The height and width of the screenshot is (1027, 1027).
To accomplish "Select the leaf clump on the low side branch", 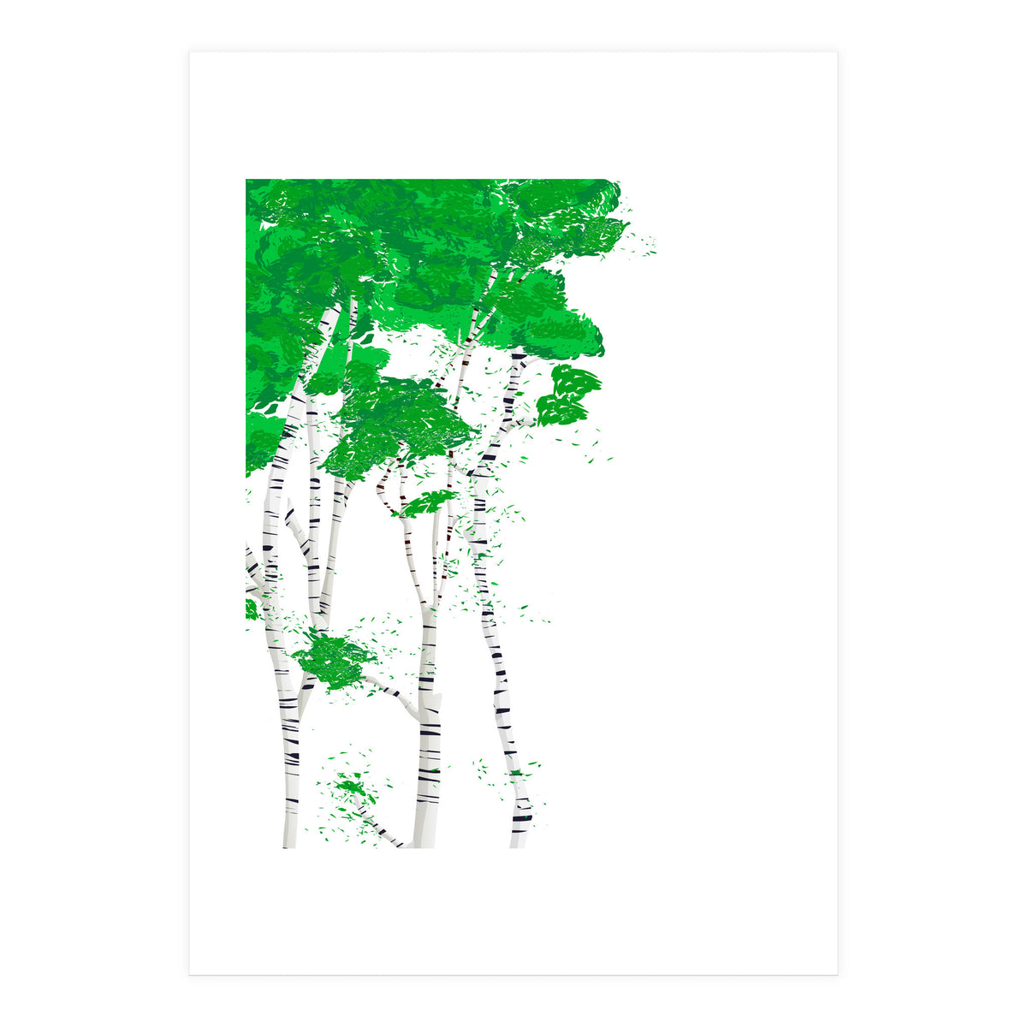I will tap(334, 659).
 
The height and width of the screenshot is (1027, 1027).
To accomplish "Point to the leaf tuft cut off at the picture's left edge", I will tap(252, 609).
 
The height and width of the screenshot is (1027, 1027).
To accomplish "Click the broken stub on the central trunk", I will tap(436, 702).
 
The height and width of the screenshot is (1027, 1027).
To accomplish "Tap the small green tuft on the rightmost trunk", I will tap(516, 773).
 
